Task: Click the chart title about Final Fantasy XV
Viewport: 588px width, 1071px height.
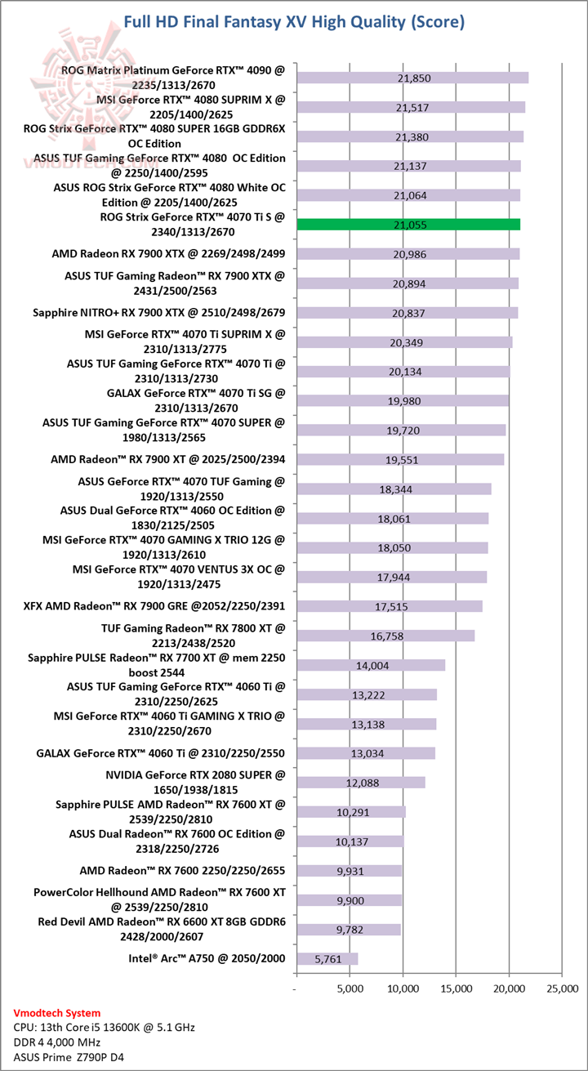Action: pos(294,22)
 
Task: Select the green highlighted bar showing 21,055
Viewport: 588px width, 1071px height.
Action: pos(408,225)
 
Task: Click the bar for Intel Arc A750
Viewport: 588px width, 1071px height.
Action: pos(327,958)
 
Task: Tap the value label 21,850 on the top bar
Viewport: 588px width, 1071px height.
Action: pos(412,78)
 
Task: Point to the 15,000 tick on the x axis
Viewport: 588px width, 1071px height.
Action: pos(456,989)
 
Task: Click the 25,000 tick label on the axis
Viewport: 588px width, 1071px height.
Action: pos(563,989)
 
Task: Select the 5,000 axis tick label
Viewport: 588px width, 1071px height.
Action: pos(350,989)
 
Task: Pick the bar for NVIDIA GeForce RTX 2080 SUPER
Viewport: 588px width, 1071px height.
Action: pos(361,782)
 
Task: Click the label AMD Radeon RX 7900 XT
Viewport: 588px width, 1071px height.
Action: pos(167,459)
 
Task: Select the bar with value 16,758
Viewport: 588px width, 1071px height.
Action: pos(385,636)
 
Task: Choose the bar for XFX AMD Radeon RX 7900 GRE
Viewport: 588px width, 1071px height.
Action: pos(389,606)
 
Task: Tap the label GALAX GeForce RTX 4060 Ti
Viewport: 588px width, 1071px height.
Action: pos(161,752)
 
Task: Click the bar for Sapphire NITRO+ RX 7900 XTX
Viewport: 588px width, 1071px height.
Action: pos(408,313)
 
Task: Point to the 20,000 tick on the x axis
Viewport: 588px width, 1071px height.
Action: pos(509,989)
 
